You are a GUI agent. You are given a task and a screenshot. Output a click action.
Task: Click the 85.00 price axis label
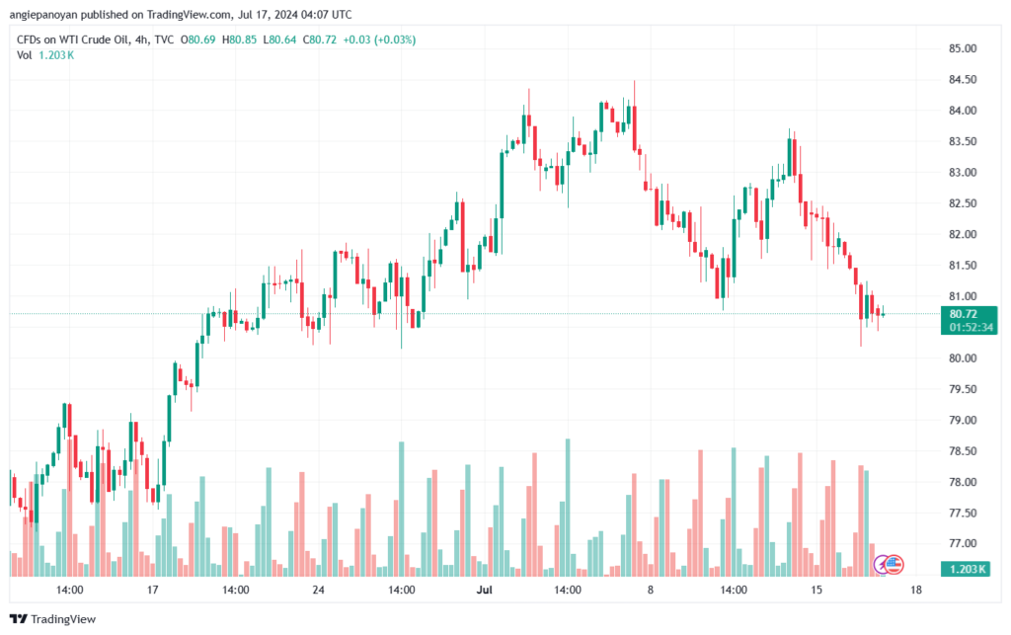pos(962,48)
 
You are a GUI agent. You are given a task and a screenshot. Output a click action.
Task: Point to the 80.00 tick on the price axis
pos(962,358)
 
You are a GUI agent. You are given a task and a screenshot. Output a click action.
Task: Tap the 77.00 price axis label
pos(962,544)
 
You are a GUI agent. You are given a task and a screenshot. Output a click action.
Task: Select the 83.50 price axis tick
pos(962,141)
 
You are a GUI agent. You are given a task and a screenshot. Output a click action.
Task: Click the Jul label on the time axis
pos(484,591)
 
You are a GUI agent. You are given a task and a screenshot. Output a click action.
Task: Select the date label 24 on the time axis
pos(318,591)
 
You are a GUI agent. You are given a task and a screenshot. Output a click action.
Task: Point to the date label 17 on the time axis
pos(152,591)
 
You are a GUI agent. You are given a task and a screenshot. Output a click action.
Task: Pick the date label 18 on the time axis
pos(916,591)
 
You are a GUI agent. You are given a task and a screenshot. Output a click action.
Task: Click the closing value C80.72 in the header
pos(322,40)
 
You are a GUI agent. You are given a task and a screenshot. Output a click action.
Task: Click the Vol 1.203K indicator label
pos(45,55)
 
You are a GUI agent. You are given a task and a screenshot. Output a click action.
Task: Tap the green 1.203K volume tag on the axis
pos(968,569)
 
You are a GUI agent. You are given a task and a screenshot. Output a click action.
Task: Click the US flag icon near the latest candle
pos(893,564)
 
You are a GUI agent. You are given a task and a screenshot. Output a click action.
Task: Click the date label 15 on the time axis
pos(816,591)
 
